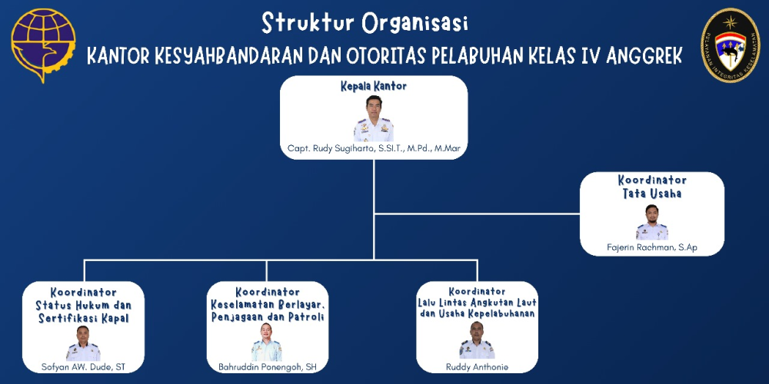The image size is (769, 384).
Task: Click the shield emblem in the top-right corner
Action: pyautogui.click(x=731, y=45)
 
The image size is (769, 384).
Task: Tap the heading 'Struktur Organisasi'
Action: pyautogui.click(x=365, y=23)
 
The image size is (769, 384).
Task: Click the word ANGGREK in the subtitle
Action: pyautogui.click(x=644, y=56)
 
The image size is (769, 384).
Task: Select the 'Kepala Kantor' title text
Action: pyautogui.click(x=374, y=87)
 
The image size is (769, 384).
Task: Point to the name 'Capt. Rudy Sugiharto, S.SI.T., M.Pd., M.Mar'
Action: pyautogui.click(x=374, y=149)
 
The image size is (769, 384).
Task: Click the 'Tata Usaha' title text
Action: pyautogui.click(x=652, y=194)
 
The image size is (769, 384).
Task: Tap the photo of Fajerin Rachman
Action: pyautogui.click(x=652, y=222)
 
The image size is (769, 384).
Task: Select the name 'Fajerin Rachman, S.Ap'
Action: pyautogui.click(x=652, y=248)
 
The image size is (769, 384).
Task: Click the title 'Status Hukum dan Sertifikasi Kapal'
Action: pyautogui.click(x=83, y=312)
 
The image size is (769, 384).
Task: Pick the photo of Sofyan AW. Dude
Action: pyautogui.click(x=83, y=343)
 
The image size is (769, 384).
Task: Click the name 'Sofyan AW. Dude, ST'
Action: pyautogui.click(x=83, y=367)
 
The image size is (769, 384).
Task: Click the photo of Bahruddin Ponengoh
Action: pyautogui.click(x=267, y=343)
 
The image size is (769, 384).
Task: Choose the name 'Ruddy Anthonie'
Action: pyautogui.click(x=477, y=367)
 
